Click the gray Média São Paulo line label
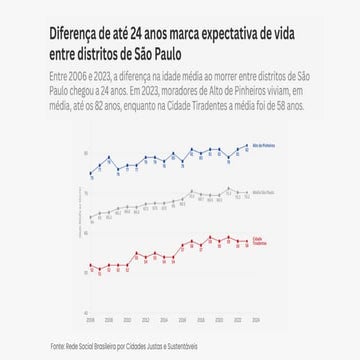(x=263, y=193)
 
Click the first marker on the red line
(x=90, y=266)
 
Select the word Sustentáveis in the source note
(x=184, y=346)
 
